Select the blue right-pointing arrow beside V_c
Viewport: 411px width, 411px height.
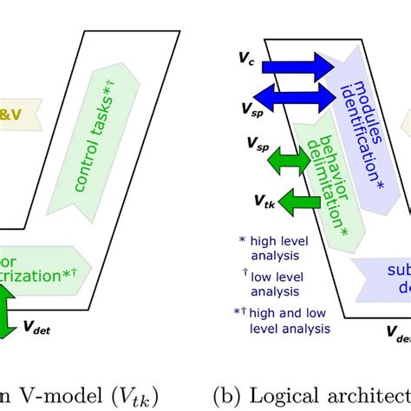click(x=299, y=66)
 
